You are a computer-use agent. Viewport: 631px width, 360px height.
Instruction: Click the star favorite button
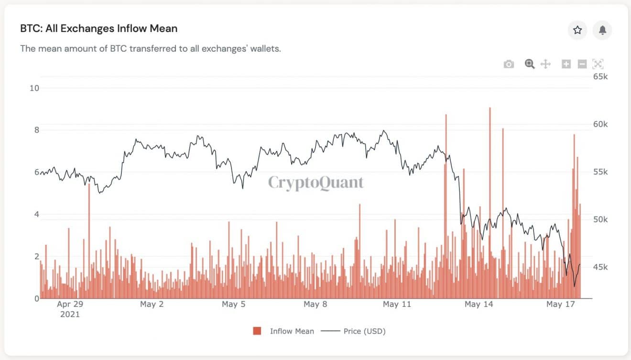pyautogui.click(x=577, y=30)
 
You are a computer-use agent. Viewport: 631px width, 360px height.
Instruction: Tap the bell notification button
pyautogui.click(x=602, y=30)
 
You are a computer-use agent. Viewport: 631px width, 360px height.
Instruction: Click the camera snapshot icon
pyautogui.click(x=509, y=64)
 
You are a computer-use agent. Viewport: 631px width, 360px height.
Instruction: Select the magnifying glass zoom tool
pyautogui.click(x=529, y=64)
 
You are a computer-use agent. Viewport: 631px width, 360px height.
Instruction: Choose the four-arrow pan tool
pyautogui.click(x=545, y=64)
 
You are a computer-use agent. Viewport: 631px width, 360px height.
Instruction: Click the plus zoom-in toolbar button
pyautogui.click(x=566, y=64)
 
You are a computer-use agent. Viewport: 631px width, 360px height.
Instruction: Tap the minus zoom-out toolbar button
pyautogui.click(x=582, y=64)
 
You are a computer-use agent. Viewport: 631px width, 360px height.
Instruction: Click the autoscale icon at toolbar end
pyautogui.click(x=598, y=64)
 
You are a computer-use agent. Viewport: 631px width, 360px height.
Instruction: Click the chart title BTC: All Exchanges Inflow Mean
pyautogui.click(x=98, y=29)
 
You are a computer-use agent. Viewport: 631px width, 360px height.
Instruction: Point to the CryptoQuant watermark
pyautogui.click(x=315, y=183)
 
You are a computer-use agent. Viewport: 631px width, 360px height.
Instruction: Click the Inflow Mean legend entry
pyautogui.click(x=292, y=331)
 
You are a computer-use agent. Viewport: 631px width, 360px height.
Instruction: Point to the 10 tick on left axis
pyautogui.click(x=34, y=88)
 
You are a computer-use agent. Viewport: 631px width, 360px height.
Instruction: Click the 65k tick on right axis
pyautogui.click(x=600, y=76)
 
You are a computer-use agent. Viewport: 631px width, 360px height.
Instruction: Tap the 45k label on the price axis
pyautogui.click(x=600, y=267)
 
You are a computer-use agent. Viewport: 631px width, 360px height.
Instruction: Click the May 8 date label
pyautogui.click(x=315, y=305)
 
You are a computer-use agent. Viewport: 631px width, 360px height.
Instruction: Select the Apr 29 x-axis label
pyautogui.click(x=70, y=305)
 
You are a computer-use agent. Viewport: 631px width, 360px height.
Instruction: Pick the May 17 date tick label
pyautogui.click(x=561, y=305)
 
